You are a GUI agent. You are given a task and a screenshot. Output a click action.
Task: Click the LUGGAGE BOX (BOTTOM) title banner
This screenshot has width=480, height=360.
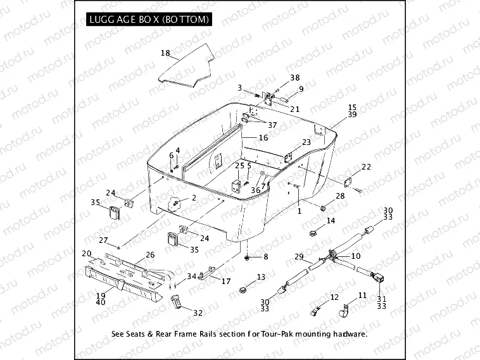click(148, 20)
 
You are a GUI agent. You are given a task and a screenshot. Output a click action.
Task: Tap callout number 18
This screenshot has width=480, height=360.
click(165, 53)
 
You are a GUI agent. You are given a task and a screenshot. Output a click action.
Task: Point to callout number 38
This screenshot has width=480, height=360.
click(295, 78)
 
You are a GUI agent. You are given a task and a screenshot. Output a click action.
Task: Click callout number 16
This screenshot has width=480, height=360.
click(263, 137)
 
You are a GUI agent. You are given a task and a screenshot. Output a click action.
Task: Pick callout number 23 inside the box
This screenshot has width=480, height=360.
click(306, 142)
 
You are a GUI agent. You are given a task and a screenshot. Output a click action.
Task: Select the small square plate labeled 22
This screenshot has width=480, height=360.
click(348, 183)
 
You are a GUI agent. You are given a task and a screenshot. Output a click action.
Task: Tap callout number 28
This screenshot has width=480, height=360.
click(340, 197)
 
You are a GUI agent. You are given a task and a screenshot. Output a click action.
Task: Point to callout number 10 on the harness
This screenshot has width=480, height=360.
click(355, 256)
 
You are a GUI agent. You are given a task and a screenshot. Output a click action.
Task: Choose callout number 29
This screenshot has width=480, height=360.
click(299, 258)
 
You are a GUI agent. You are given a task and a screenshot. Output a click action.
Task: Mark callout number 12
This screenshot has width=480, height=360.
click(335, 297)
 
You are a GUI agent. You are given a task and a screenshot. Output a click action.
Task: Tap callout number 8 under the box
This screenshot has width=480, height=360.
click(266, 256)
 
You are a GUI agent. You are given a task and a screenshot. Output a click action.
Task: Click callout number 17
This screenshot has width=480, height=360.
click(225, 281)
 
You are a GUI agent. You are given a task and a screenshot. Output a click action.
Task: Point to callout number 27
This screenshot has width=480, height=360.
click(104, 240)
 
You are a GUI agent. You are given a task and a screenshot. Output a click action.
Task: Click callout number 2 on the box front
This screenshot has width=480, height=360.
click(194, 198)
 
